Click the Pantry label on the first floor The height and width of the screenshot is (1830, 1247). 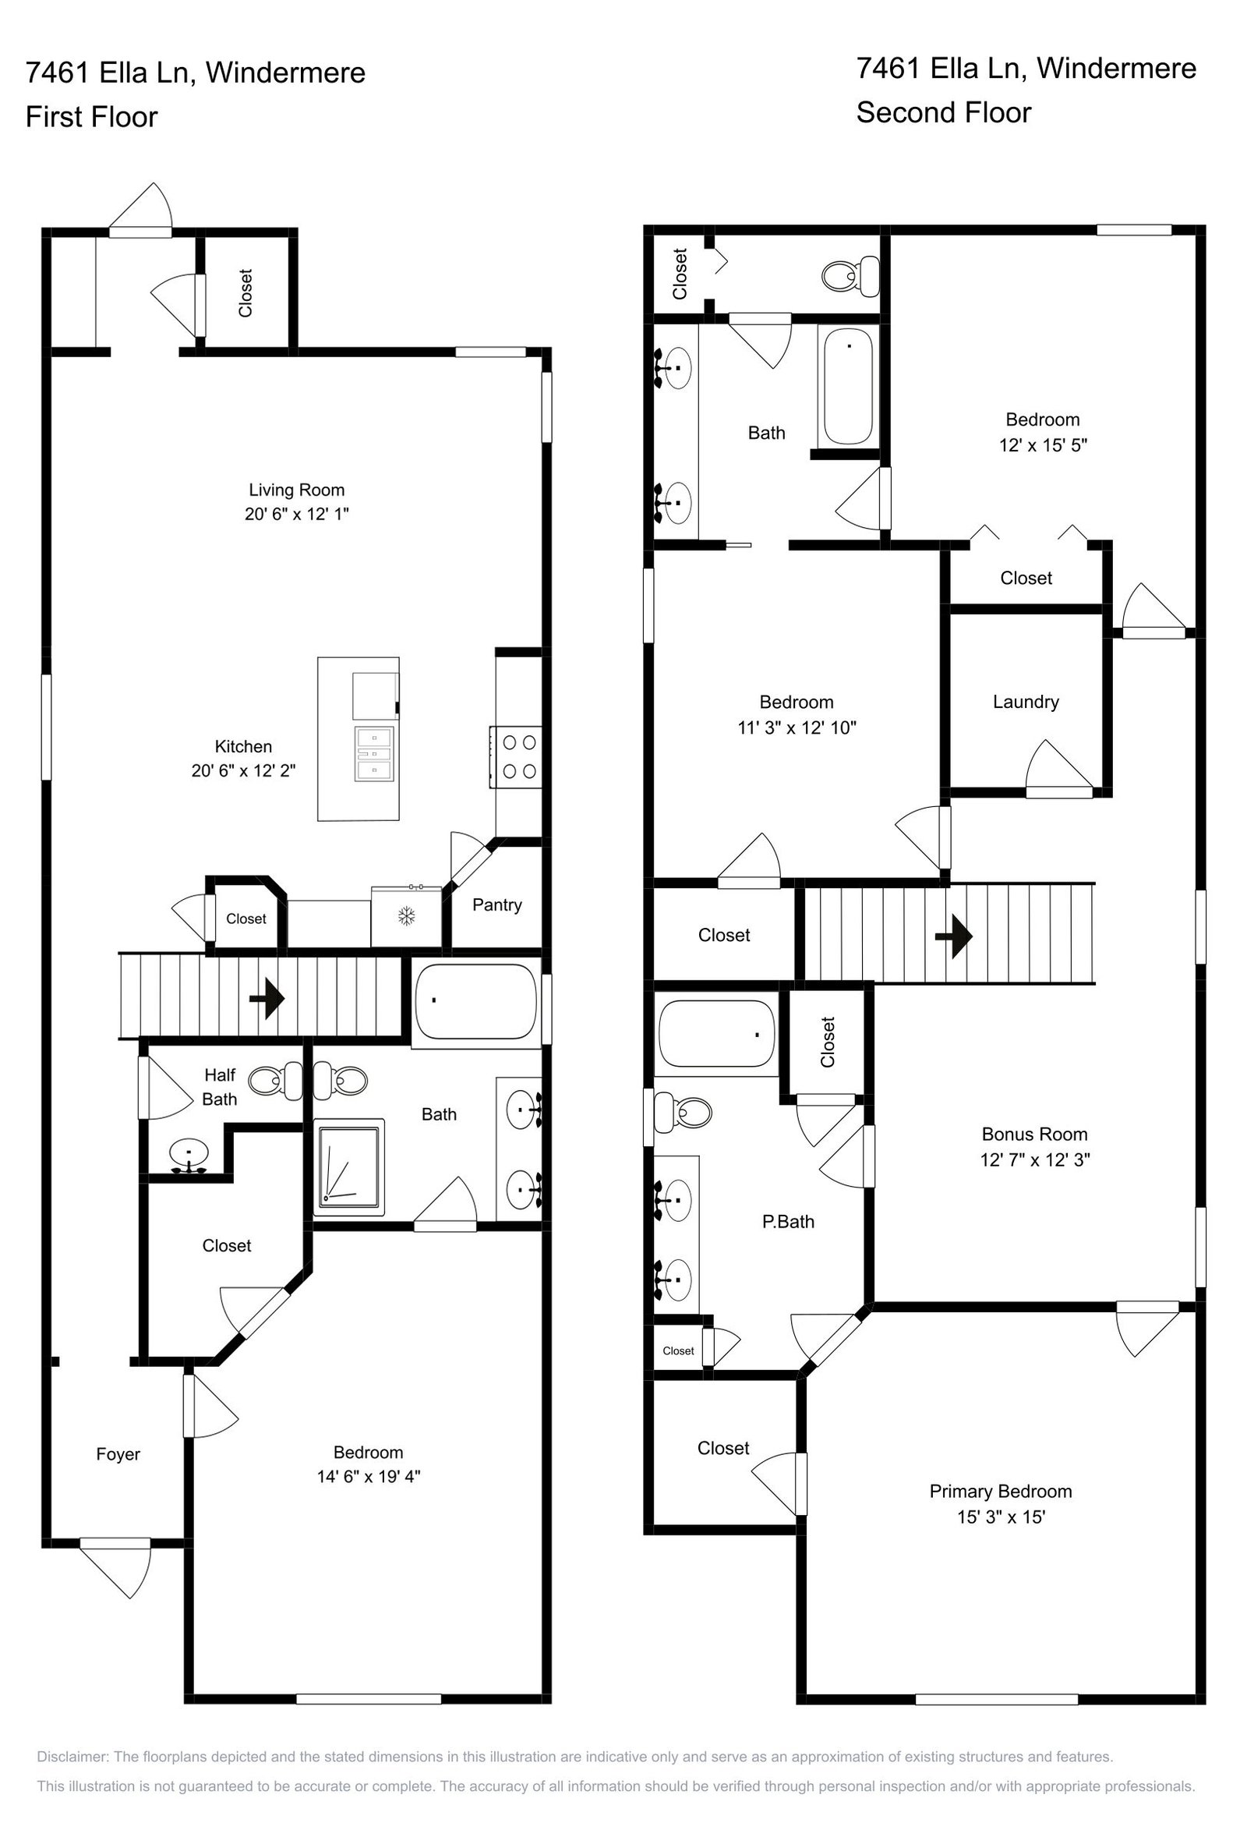tap(496, 904)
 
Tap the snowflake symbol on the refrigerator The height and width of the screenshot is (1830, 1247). tap(406, 916)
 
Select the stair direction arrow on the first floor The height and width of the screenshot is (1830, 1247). tap(267, 999)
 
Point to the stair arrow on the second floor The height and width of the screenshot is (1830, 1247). tap(953, 936)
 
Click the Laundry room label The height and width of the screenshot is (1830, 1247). tap(1026, 702)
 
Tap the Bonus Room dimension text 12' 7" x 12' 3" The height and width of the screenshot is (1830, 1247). tap(1034, 1159)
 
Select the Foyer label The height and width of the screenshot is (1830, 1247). tap(118, 1453)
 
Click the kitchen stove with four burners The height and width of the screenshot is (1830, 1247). tap(517, 757)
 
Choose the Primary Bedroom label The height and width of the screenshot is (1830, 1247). tap(1001, 1491)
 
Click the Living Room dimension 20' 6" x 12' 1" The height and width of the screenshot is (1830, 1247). tap(297, 514)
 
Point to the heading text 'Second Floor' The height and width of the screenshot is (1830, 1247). tap(943, 112)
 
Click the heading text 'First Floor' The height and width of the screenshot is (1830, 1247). tap(91, 116)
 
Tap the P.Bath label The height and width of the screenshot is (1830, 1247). tap(788, 1221)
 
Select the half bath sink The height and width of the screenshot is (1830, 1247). tap(189, 1156)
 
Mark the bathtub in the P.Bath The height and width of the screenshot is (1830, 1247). tap(716, 1034)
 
